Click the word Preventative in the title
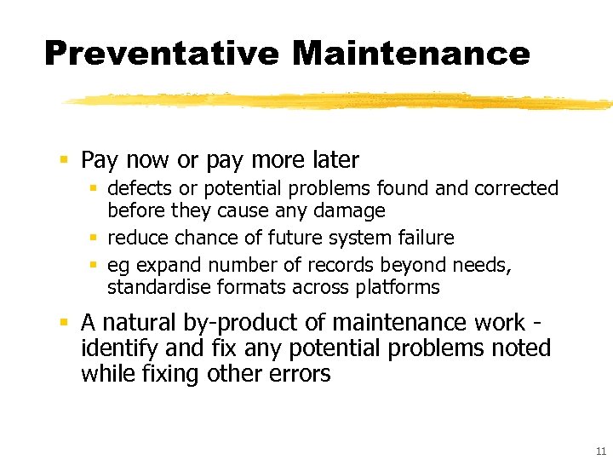click(x=160, y=53)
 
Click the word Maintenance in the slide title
click(x=410, y=53)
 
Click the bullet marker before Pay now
click(x=65, y=160)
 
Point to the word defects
click(x=139, y=188)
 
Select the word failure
click(x=424, y=238)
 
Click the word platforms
click(x=399, y=287)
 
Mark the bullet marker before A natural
click(x=65, y=323)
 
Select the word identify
click(x=115, y=348)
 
